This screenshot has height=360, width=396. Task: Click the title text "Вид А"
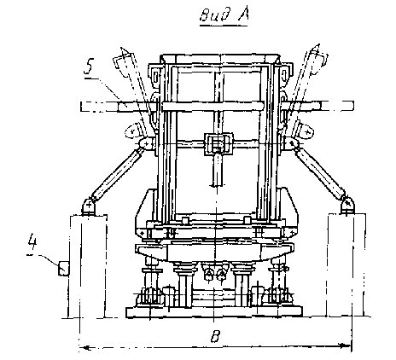point(224,15)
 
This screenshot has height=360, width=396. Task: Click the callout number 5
point(89,67)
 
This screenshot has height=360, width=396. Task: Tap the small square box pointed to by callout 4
point(64,268)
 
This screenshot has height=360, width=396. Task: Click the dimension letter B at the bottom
point(215,336)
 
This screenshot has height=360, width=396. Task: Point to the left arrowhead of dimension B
point(83,347)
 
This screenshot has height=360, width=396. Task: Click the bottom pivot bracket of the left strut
point(90,206)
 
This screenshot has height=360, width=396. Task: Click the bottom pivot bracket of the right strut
point(347,205)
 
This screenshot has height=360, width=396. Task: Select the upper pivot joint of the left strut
point(146,143)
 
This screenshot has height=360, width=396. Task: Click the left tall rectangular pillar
point(88,266)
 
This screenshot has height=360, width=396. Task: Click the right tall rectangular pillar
point(346,264)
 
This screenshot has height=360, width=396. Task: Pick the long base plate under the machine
point(214,312)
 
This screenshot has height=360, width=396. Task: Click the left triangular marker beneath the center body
point(209,274)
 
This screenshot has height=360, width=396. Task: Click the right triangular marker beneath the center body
point(221,274)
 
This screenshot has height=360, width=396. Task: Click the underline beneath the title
point(224,26)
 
